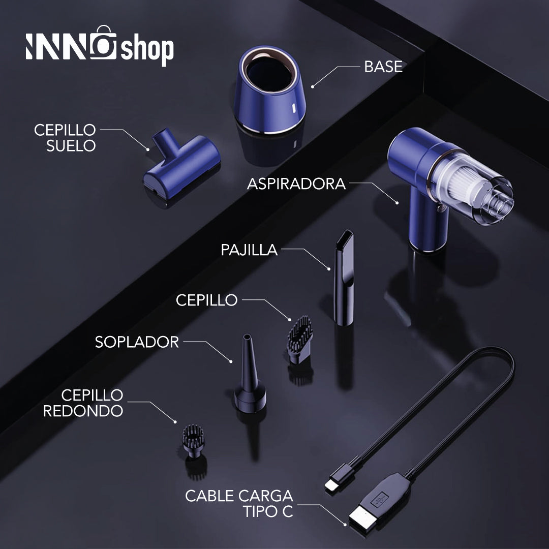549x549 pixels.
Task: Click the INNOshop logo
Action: pyautogui.click(x=100, y=46)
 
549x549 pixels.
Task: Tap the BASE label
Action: pyautogui.click(x=383, y=67)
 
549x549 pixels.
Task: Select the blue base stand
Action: pyautogui.click(x=269, y=90)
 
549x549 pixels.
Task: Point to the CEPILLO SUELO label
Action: pyautogui.click(x=65, y=138)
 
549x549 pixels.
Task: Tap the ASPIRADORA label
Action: pyautogui.click(x=296, y=184)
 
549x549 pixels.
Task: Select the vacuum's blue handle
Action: pyautogui.click(x=428, y=224)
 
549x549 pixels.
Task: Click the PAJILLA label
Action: pyautogui.click(x=249, y=250)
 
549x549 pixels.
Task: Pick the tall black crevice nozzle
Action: pyautogui.click(x=344, y=278)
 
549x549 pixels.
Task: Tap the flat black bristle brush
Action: pyautogui.click(x=299, y=340)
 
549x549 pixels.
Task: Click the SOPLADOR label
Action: pyautogui.click(x=137, y=342)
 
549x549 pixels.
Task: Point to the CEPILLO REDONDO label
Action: pyautogui.click(x=83, y=403)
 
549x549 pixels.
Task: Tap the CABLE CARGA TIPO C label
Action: pyautogui.click(x=239, y=503)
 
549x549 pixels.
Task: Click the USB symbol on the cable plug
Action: pyautogui.click(x=380, y=500)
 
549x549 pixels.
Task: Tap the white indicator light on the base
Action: pyautogui.click(x=293, y=108)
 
